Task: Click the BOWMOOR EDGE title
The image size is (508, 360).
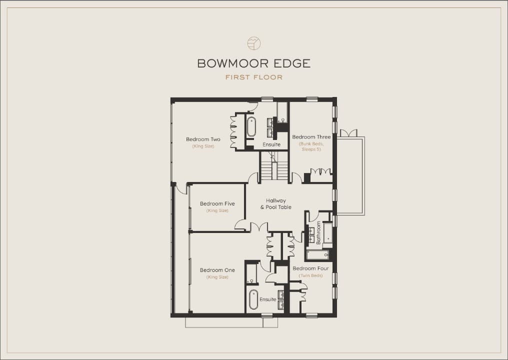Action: coord(254,63)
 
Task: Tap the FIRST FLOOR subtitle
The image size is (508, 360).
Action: coord(254,77)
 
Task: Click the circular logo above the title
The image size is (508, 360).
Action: coord(254,43)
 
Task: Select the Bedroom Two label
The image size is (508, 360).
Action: coord(203,139)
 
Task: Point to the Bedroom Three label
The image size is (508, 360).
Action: coord(311,137)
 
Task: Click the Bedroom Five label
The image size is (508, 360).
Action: coord(217,204)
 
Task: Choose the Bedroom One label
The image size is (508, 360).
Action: coord(217,270)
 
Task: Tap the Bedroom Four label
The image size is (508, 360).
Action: coord(310,268)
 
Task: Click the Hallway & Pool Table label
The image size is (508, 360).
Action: coord(276,204)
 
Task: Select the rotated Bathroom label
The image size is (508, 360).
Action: coord(318,232)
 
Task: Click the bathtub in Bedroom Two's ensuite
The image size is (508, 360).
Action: coord(251,126)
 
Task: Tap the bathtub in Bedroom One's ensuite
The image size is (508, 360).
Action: coord(253,299)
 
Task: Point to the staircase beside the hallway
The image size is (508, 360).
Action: coord(274,166)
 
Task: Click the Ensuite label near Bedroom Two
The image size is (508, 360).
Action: coord(271,144)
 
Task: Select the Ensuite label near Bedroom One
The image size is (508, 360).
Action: coord(268,299)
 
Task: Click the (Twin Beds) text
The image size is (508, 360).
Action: coord(310,276)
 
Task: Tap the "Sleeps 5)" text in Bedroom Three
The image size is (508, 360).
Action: coord(311,149)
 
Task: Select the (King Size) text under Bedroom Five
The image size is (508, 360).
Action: coord(217,210)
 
